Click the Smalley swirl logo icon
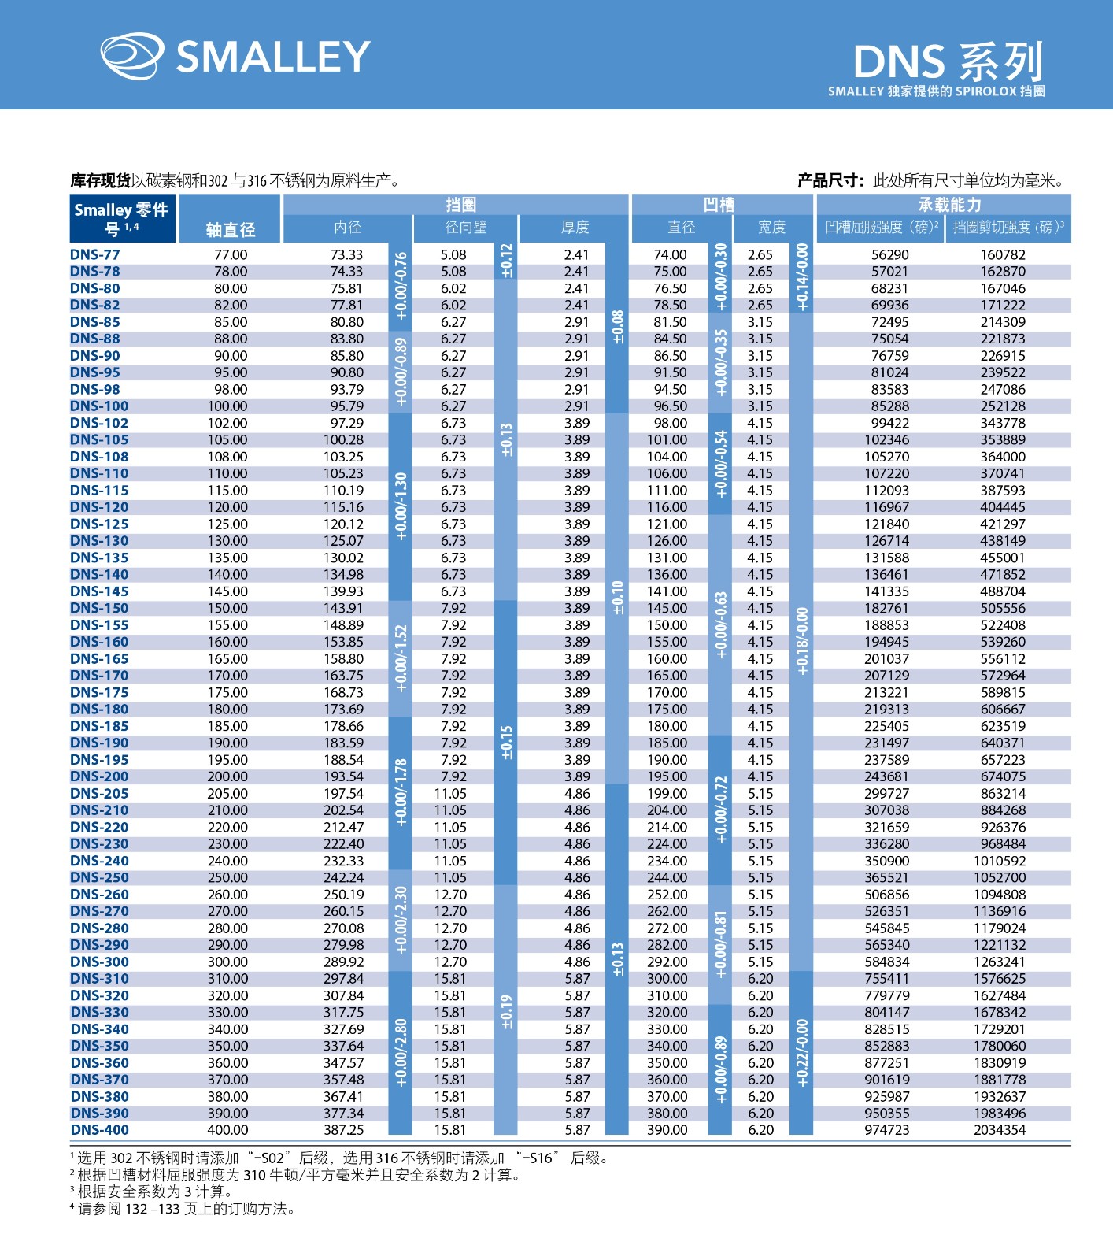tap(131, 57)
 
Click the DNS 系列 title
tap(948, 61)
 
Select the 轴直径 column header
tap(230, 229)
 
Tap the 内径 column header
tap(347, 228)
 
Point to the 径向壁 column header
tap(465, 228)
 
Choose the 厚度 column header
tap(575, 228)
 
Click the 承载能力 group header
tap(949, 205)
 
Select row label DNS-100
tap(99, 406)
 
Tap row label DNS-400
tap(99, 1130)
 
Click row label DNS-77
tap(95, 254)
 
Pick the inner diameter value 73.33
tap(346, 254)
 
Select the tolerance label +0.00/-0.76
tap(401, 286)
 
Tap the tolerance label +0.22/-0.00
tap(801, 1053)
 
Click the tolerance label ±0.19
tap(506, 1011)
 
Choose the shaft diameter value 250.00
tap(227, 877)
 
